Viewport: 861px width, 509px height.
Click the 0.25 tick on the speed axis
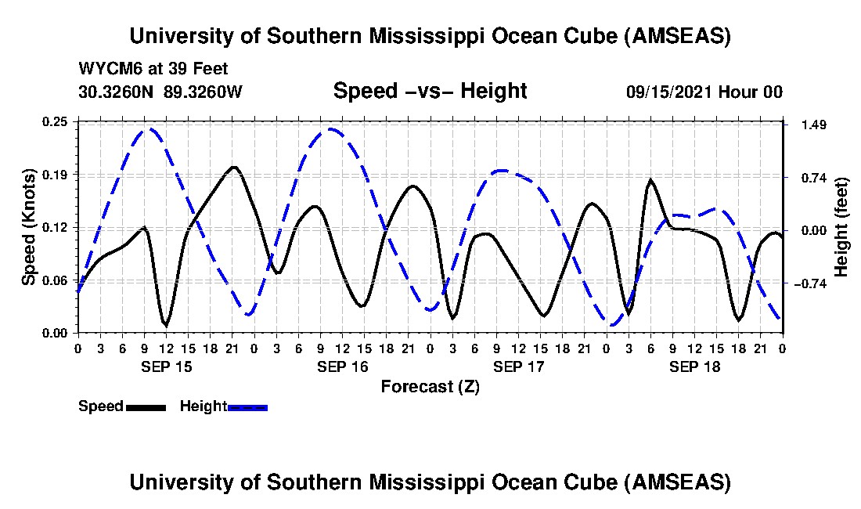(56, 121)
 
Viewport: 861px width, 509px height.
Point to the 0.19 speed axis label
(56, 174)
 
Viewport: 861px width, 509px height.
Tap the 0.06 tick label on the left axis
(56, 280)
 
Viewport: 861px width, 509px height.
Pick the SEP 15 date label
(166, 366)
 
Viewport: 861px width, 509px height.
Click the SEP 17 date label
(519, 366)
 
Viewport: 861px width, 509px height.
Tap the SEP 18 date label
(695, 366)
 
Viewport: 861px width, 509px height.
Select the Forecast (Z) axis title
(430, 386)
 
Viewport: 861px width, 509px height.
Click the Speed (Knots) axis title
(29, 227)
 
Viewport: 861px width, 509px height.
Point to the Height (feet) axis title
(842, 227)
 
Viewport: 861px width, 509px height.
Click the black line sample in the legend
(145, 407)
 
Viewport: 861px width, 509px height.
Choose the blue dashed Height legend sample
(247, 407)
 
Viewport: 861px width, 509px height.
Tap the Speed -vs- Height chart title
(430, 91)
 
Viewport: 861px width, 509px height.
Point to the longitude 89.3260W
(204, 92)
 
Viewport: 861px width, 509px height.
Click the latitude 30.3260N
(117, 92)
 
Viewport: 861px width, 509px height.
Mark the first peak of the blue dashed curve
(149, 129)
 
